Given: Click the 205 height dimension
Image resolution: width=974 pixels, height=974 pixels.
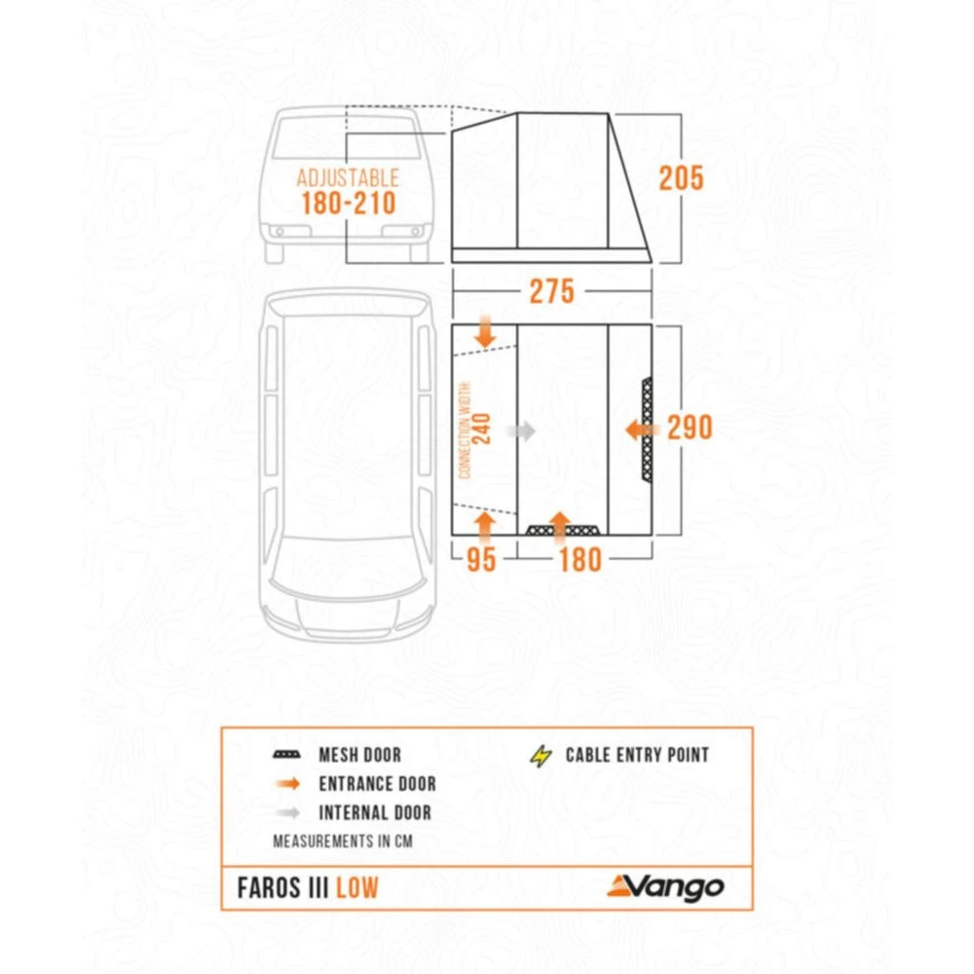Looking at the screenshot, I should pos(681,178).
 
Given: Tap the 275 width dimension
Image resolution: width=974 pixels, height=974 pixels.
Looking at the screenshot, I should pos(551,291).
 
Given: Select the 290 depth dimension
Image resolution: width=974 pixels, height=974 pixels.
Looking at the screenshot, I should pos(690,428).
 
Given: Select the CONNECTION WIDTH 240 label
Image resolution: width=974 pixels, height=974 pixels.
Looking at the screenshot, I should pos(473,429).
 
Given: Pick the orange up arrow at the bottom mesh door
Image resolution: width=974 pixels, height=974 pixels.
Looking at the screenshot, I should pos(560,524).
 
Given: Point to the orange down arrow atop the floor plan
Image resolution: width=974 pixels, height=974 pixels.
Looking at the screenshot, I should pos(486,332).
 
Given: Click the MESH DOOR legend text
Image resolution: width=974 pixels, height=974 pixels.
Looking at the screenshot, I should pos(359,755).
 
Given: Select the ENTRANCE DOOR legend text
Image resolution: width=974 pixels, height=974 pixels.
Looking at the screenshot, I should pos(377,784).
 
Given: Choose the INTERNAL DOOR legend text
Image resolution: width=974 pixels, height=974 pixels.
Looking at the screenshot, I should pos(374,813).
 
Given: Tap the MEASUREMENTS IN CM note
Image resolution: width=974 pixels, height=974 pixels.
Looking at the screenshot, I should pos(342,841).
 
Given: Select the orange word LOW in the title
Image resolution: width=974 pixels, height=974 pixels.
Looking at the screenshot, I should pos(357,887).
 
